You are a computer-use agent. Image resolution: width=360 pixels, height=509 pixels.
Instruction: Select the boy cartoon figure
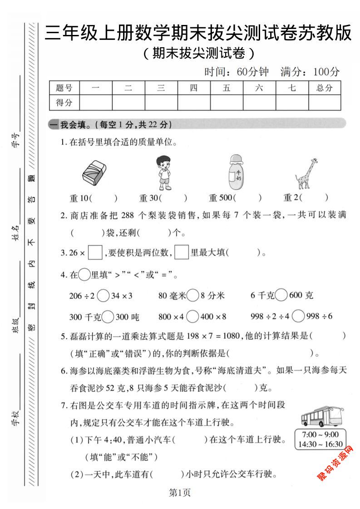click(x=164, y=172)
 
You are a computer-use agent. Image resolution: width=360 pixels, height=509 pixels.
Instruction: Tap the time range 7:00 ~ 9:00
click(x=320, y=434)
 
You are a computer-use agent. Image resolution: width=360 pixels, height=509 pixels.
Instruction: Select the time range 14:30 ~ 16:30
click(x=320, y=444)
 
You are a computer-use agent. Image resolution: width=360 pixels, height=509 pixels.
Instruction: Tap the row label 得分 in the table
click(x=64, y=103)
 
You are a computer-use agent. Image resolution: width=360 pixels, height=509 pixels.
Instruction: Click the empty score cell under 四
click(x=193, y=103)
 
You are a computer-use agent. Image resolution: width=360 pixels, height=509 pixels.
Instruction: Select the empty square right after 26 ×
click(x=95, y=253)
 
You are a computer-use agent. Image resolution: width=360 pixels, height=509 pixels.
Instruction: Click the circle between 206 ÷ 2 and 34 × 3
click(x=103, y=296)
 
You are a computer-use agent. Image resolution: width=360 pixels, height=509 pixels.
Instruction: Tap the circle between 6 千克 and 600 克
click(x=281, y=296)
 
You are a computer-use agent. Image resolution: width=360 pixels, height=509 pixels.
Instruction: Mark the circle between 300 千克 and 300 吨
click(x=108, y=316)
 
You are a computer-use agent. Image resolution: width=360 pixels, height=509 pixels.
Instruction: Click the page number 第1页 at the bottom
click(x=180, y=493)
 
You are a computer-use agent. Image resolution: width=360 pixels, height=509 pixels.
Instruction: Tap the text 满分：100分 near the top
click(x=310, y=72)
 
